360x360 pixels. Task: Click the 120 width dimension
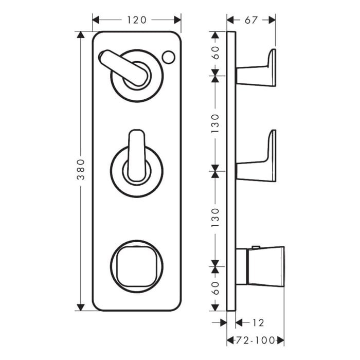(x=136, y=20)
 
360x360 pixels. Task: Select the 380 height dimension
(x=81, y=171)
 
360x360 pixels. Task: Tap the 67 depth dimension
(x=251, y=20)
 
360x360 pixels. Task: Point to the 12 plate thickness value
(x=259, y=323)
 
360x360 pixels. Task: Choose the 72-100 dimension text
(x=255, y=340)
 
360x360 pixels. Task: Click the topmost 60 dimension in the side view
(x=215, y=53)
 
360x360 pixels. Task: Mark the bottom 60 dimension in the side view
(x=215, y=288)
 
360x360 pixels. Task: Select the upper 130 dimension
(x=215, y=122)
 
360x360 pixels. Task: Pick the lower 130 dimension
(x=215, y=218)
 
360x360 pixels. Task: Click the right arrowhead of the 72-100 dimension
(x=280, y=340)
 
